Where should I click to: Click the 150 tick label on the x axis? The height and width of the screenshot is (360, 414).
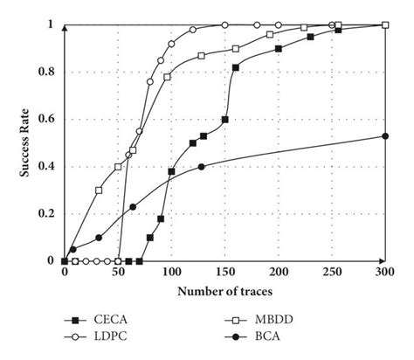tap(224, 273)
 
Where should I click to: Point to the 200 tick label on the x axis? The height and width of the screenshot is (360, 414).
tap(279, 273)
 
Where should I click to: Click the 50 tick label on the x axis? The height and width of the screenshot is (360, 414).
tap(118, 273)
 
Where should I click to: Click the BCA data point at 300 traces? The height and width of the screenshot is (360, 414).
tap(385, 135)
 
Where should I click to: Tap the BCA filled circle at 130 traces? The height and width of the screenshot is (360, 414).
tap(203, 166)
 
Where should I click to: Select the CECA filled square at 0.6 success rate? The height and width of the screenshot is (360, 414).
tap(224, 119)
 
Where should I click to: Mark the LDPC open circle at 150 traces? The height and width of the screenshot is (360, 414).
tap(224, 24)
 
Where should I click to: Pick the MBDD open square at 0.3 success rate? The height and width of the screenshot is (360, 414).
tap(98, 190)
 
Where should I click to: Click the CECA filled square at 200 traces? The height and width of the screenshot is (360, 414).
tap(279, 49)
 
